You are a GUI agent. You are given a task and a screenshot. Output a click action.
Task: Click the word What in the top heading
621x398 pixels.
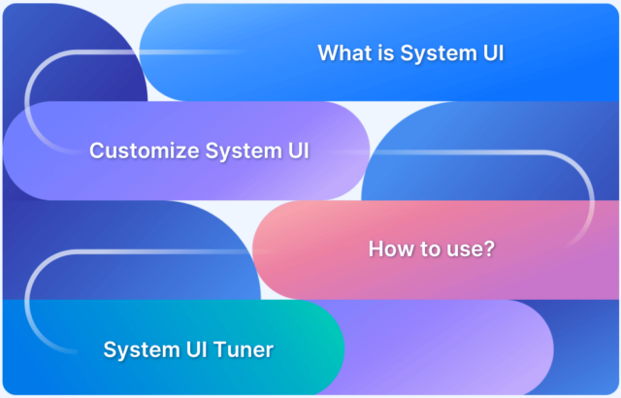coord(343,52)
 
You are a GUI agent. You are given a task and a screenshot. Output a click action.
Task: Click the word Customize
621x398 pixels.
coord(139,150)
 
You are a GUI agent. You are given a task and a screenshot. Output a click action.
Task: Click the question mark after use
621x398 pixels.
coord(491,249)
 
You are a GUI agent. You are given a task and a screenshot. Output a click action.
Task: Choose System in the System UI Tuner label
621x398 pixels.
coord(138,348)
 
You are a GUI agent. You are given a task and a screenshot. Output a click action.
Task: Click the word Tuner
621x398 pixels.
coord(242,348)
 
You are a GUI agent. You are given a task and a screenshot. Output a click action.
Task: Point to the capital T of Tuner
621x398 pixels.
coord(219,348)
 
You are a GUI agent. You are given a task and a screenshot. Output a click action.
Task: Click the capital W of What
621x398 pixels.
coord(328,52)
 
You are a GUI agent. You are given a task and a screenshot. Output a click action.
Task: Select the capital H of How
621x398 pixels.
coord(376,249)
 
